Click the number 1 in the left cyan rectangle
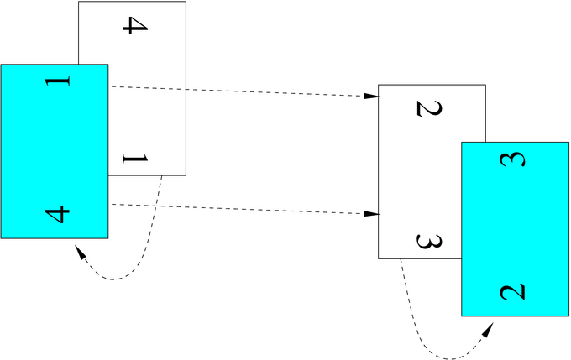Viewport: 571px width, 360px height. [57, 82]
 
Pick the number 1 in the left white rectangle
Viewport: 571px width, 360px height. [134, 157]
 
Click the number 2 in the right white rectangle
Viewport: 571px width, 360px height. [429, 108]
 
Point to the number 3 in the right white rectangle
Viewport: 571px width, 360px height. [429, 242]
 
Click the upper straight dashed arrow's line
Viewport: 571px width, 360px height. [244, 91]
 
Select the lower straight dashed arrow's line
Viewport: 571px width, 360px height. [244, 210]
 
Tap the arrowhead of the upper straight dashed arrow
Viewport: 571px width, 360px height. [371, 97]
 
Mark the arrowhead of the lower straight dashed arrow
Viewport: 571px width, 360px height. [371, 215]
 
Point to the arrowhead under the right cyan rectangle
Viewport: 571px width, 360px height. [489, 326]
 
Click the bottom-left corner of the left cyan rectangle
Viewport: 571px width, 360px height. [1, 238]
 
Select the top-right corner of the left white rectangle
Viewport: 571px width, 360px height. [186, 2]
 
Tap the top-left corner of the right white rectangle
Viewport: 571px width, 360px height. [379, 85]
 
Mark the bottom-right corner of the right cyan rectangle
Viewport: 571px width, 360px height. [568, 316]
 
